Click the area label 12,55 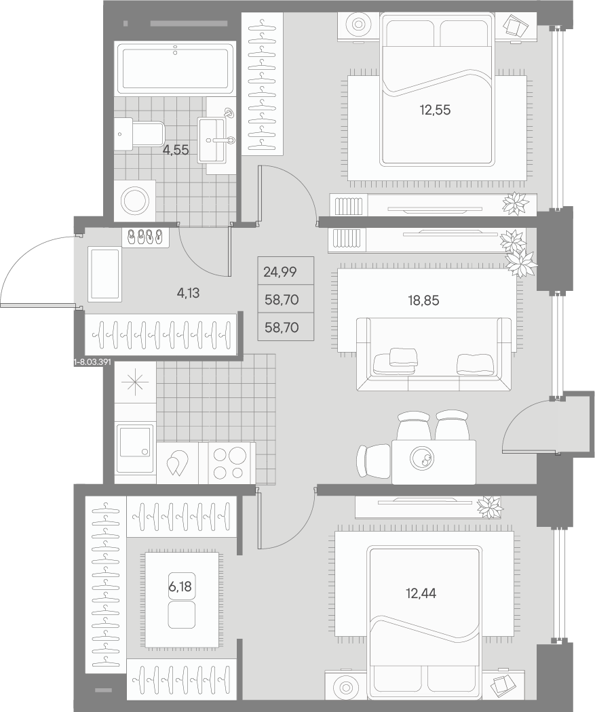(435, 110)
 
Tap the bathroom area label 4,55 (176, 150)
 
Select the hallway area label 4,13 (188, 294)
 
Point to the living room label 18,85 (423, 300)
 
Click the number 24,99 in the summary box (280, 272)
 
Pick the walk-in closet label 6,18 (180, 587)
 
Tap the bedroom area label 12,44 (421, 593)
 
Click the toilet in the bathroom (139, 134)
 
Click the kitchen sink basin (135, 449)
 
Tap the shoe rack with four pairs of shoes (145, 237)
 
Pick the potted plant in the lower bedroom (490, 507)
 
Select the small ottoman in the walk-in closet (181, 615)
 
